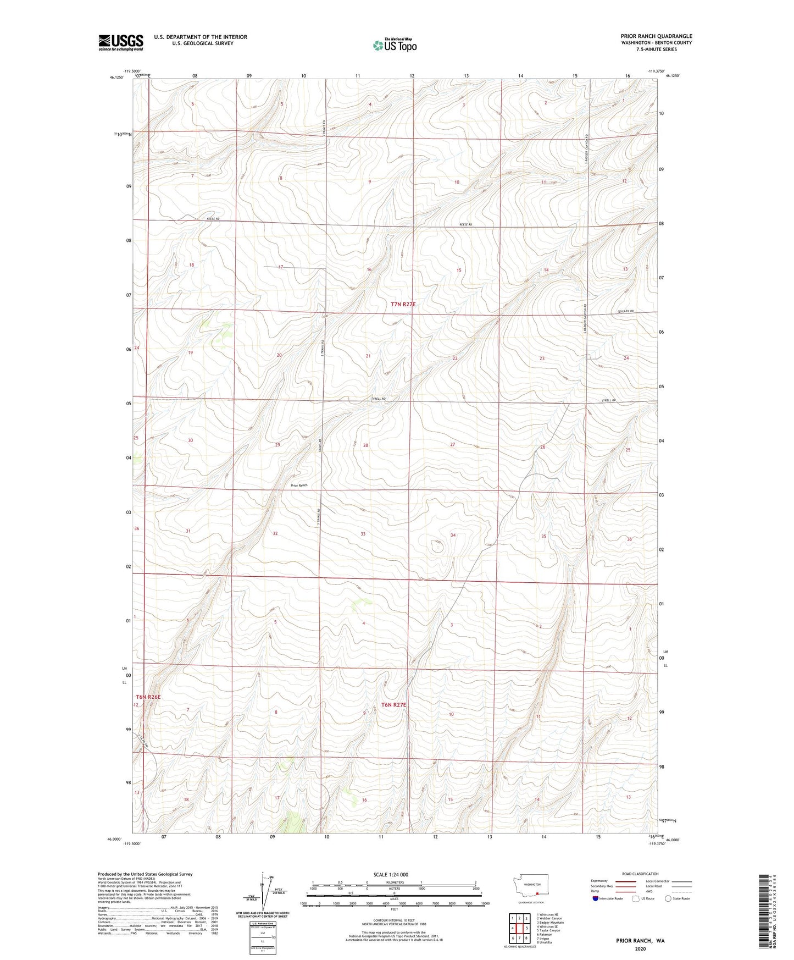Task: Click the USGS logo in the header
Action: tap(121, 42)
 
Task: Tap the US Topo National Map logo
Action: tap(394, 45)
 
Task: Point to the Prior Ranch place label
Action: tap(299, 485)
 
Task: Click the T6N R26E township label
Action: tap(148, 697)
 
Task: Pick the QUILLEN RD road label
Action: tap(625, 312)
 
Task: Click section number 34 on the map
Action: tap(453, 535)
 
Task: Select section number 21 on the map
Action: tap(368, 356)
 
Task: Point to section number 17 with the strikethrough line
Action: tap(280, 267)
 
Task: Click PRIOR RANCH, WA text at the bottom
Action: tap(640, 941)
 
